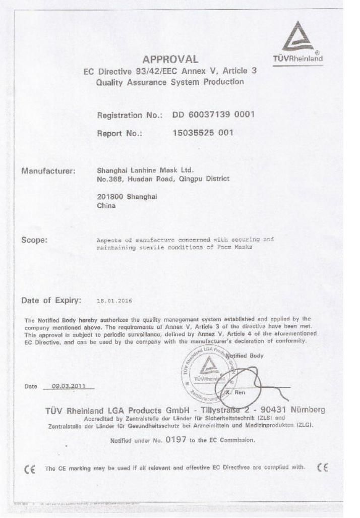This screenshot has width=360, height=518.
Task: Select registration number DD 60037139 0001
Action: click(213, 115)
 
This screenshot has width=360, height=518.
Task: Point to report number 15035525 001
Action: click(203, 134)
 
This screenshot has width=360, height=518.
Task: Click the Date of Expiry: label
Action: click(51, 301)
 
